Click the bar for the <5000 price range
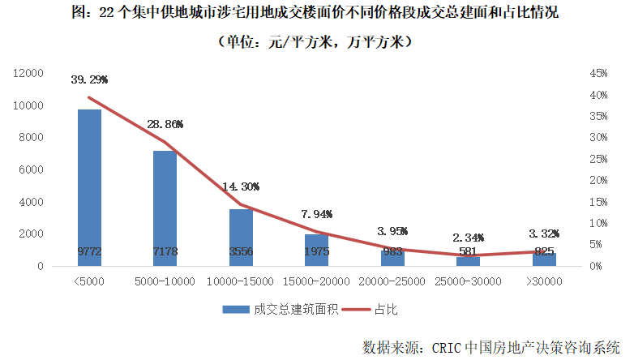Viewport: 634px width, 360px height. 89,187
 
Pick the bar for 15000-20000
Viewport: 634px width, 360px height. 316,250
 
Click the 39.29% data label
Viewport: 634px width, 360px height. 89,80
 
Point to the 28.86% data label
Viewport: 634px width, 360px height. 165,125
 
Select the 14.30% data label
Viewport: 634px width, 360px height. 241,185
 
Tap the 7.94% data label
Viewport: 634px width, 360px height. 316,214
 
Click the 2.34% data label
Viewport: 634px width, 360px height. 468,238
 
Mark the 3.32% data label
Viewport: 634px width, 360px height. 543,234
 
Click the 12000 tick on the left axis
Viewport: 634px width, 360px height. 28,73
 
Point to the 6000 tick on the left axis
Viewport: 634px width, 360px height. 32,169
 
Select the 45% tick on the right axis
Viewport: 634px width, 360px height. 597,73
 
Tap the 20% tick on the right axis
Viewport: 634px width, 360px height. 597,180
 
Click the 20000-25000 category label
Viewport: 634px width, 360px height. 392,281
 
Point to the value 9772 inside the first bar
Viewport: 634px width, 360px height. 89,251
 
